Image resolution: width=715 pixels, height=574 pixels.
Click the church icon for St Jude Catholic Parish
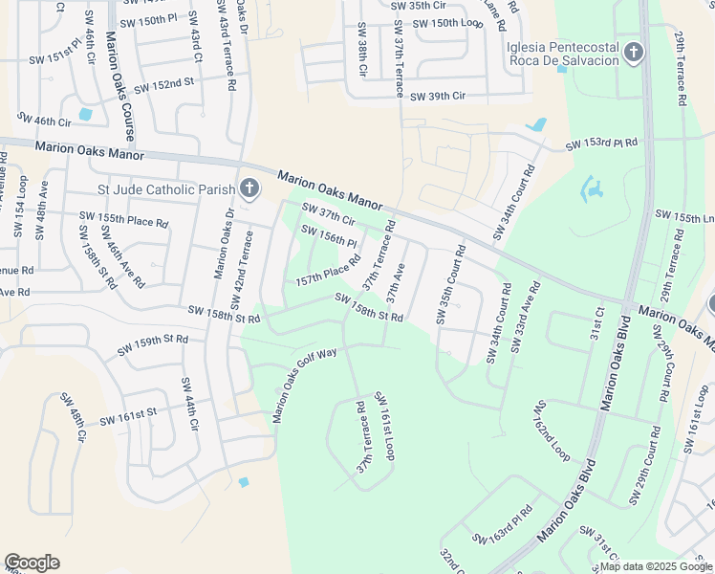point(249,188)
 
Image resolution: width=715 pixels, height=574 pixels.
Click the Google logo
point(32,563)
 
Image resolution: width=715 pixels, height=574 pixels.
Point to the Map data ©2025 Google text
point(656,566)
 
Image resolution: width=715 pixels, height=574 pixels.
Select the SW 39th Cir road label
point(437,97)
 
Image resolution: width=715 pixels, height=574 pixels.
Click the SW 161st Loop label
point(384,425)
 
